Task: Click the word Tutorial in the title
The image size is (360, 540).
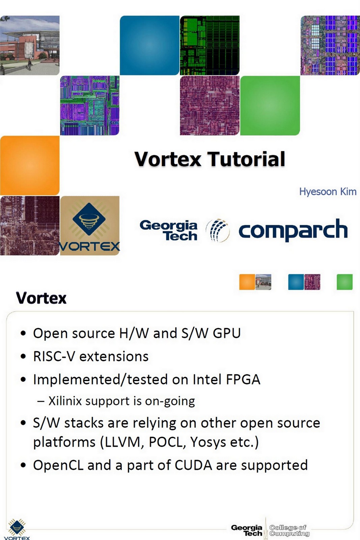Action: pos(246,159)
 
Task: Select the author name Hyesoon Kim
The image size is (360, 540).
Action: pos(328,192)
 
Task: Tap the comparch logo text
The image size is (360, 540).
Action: pos(293,230)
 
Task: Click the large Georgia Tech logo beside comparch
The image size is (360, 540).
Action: pos(169,230)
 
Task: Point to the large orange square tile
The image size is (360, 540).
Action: pos(30,165)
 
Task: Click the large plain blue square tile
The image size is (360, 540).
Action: pos(149,45)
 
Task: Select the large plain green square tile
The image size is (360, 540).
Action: pos(270,105)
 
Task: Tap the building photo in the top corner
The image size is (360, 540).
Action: pos(30,45)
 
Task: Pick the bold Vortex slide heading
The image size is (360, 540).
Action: pos(41,298)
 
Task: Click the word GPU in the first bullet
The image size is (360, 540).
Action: pos(227,333)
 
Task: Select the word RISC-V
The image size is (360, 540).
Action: pos(54,357)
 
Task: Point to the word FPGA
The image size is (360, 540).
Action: pos(243,380)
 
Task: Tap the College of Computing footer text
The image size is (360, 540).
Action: pos(289,530)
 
